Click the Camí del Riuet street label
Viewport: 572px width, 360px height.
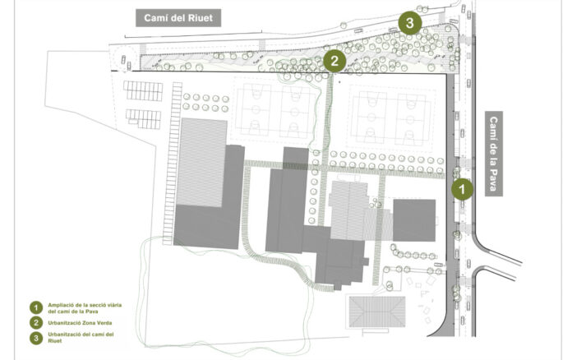pos(178,18)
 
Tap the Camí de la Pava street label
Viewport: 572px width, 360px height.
pos(494,154)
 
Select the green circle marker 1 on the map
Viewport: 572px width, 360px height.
pos(462,189)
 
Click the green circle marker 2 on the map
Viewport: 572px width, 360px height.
pos(334,61)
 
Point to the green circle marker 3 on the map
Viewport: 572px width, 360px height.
pos(409,23)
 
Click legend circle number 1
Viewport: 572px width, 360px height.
pos(36,308)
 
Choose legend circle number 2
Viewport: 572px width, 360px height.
pos(36,323)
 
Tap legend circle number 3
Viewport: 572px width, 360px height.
pos(36,338)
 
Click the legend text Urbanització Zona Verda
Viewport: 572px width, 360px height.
pos(80,323)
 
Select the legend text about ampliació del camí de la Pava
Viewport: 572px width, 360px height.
pos(85,308)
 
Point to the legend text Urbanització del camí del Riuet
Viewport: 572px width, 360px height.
pos(81,337)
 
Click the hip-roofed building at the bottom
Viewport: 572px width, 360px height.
pos(377,312)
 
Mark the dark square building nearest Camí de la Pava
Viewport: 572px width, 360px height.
pos(414,220)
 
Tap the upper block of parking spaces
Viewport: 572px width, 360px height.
pos(143,90)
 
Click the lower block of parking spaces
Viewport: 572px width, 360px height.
pos(143,119)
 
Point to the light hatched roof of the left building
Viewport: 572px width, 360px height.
pos(201,162)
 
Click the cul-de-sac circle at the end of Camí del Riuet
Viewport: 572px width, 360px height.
pos(124,58)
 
